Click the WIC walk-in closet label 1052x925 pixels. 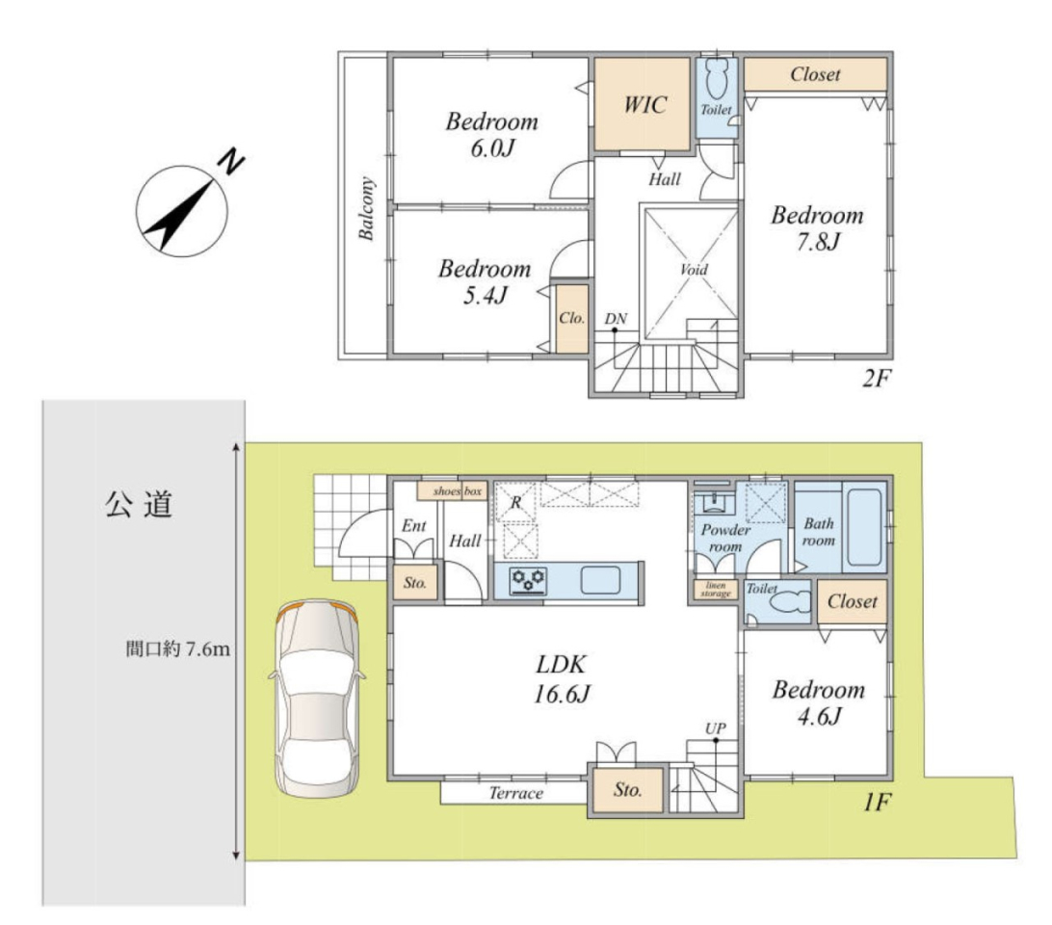click(x=644, y=105)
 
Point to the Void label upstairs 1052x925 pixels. click(x=693, y=269)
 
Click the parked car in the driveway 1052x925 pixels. click(x=317, y=699)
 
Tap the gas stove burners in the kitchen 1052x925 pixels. click(x=528, y=581)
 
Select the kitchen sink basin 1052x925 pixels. click(x=600, y=580)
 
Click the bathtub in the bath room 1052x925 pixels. click(x=864, y=528)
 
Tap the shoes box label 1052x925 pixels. click(x=457, y=490)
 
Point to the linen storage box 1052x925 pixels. click(x=715, y=590)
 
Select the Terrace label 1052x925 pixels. click(x=515, y=793)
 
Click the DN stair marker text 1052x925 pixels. click(x=616, y=319)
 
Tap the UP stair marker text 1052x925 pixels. click(x=715, y=727)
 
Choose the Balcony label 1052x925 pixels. click(x=366, y=208)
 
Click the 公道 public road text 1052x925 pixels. click(x=139, y=504)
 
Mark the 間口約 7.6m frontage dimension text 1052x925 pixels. click(x=178, y=649)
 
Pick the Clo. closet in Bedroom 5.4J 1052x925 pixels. click(x=572, y=319)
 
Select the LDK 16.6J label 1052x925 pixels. click(x=562, y=678)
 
